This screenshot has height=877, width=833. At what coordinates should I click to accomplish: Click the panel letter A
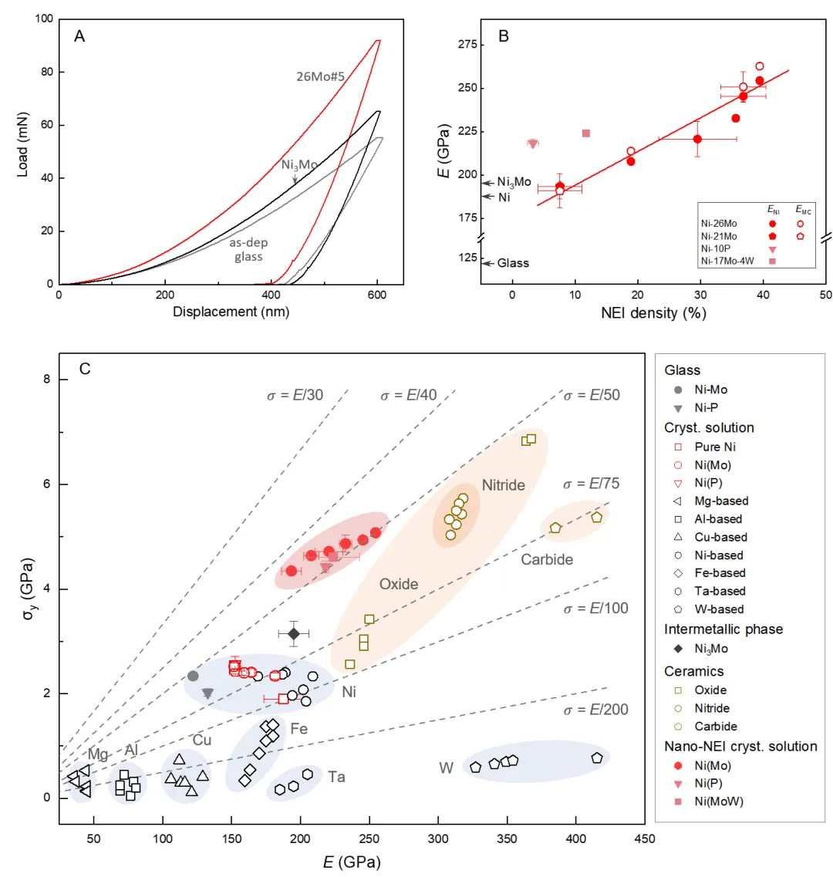[x=79, y=36]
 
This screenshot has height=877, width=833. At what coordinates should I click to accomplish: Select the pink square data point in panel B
[x=586, y=133]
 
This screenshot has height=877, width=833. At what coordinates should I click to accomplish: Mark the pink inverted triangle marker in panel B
[x=533, y=143]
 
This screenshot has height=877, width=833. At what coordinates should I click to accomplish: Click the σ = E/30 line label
[x=295, y=396]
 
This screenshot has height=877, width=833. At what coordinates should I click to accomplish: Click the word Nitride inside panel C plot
[x=503, y=485]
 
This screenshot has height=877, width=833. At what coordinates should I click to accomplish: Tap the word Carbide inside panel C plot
[x=547, y=559]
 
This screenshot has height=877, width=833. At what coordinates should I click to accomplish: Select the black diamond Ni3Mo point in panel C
[x=293, y=633]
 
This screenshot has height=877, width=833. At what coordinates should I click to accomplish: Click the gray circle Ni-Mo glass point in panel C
[x=194, y=676]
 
